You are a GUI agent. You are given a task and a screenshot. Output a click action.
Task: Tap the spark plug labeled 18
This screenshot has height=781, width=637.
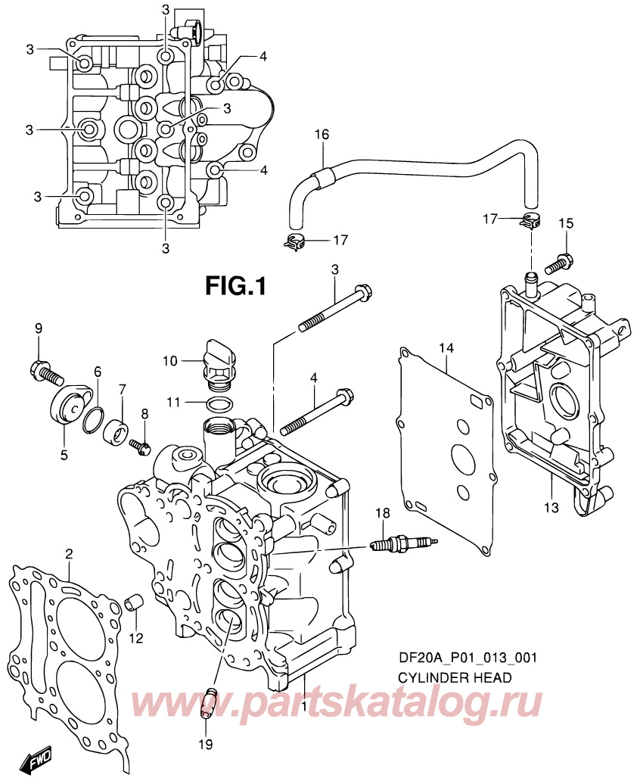(x=401, y=543)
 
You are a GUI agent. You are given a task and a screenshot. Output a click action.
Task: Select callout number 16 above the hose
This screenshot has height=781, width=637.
(x=322, y=135)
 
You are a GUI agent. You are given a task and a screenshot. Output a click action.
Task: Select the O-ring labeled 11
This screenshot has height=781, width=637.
(x=219, y=403)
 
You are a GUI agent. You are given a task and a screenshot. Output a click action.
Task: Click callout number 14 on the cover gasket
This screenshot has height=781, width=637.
(x=446, y=349)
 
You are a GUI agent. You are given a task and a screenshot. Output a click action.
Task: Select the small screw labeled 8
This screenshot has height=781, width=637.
(x=141, y=444)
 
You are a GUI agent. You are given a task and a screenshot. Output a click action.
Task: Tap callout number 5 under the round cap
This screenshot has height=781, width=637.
(x=64, y=455)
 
